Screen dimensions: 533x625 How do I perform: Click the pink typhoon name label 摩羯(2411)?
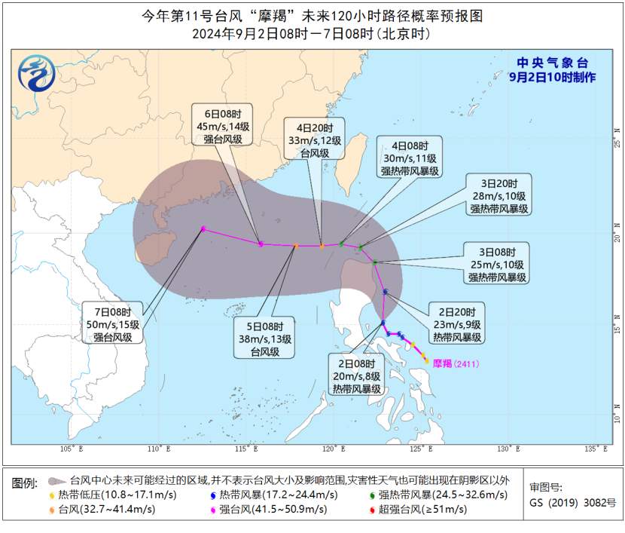coord(455,363)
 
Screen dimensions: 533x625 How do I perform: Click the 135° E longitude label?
coord(596,450)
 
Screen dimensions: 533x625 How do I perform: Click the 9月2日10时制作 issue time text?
coord(552,78)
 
